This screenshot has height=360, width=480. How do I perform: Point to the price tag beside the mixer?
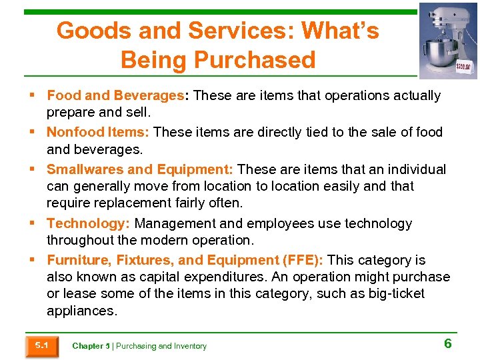465,66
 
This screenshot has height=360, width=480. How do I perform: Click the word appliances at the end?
81,310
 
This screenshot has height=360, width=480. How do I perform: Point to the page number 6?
448,343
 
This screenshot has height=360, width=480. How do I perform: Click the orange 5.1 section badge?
41,346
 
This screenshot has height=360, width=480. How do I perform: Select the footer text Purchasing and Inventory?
161,346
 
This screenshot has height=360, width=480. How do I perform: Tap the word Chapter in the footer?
87,346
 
